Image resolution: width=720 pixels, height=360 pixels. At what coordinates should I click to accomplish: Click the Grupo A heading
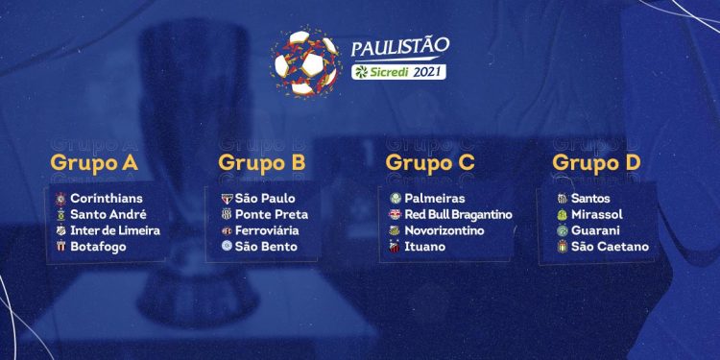[93, 162]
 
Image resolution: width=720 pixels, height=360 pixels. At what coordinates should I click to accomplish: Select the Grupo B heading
[261, 162]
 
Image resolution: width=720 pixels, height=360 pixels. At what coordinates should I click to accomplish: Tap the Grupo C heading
[430, 162]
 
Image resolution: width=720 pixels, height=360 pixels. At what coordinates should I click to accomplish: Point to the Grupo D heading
[597, 162]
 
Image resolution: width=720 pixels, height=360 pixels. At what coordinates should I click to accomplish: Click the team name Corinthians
[107, 198]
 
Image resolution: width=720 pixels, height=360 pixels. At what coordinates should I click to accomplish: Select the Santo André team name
[108, 214]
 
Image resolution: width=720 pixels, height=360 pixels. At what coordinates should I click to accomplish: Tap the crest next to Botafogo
[60, 247]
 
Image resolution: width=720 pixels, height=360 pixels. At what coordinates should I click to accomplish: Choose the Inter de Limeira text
[115, 230]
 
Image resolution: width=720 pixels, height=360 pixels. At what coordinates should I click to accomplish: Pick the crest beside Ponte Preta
[227, 214]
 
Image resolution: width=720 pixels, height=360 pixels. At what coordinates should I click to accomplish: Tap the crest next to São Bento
[227, 247]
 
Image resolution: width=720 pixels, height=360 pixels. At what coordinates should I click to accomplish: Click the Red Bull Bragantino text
[458, 214]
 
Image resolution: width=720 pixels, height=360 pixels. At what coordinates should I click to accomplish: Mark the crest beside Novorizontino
[395, 230]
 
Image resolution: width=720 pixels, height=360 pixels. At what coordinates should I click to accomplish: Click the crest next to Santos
[563, 198]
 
